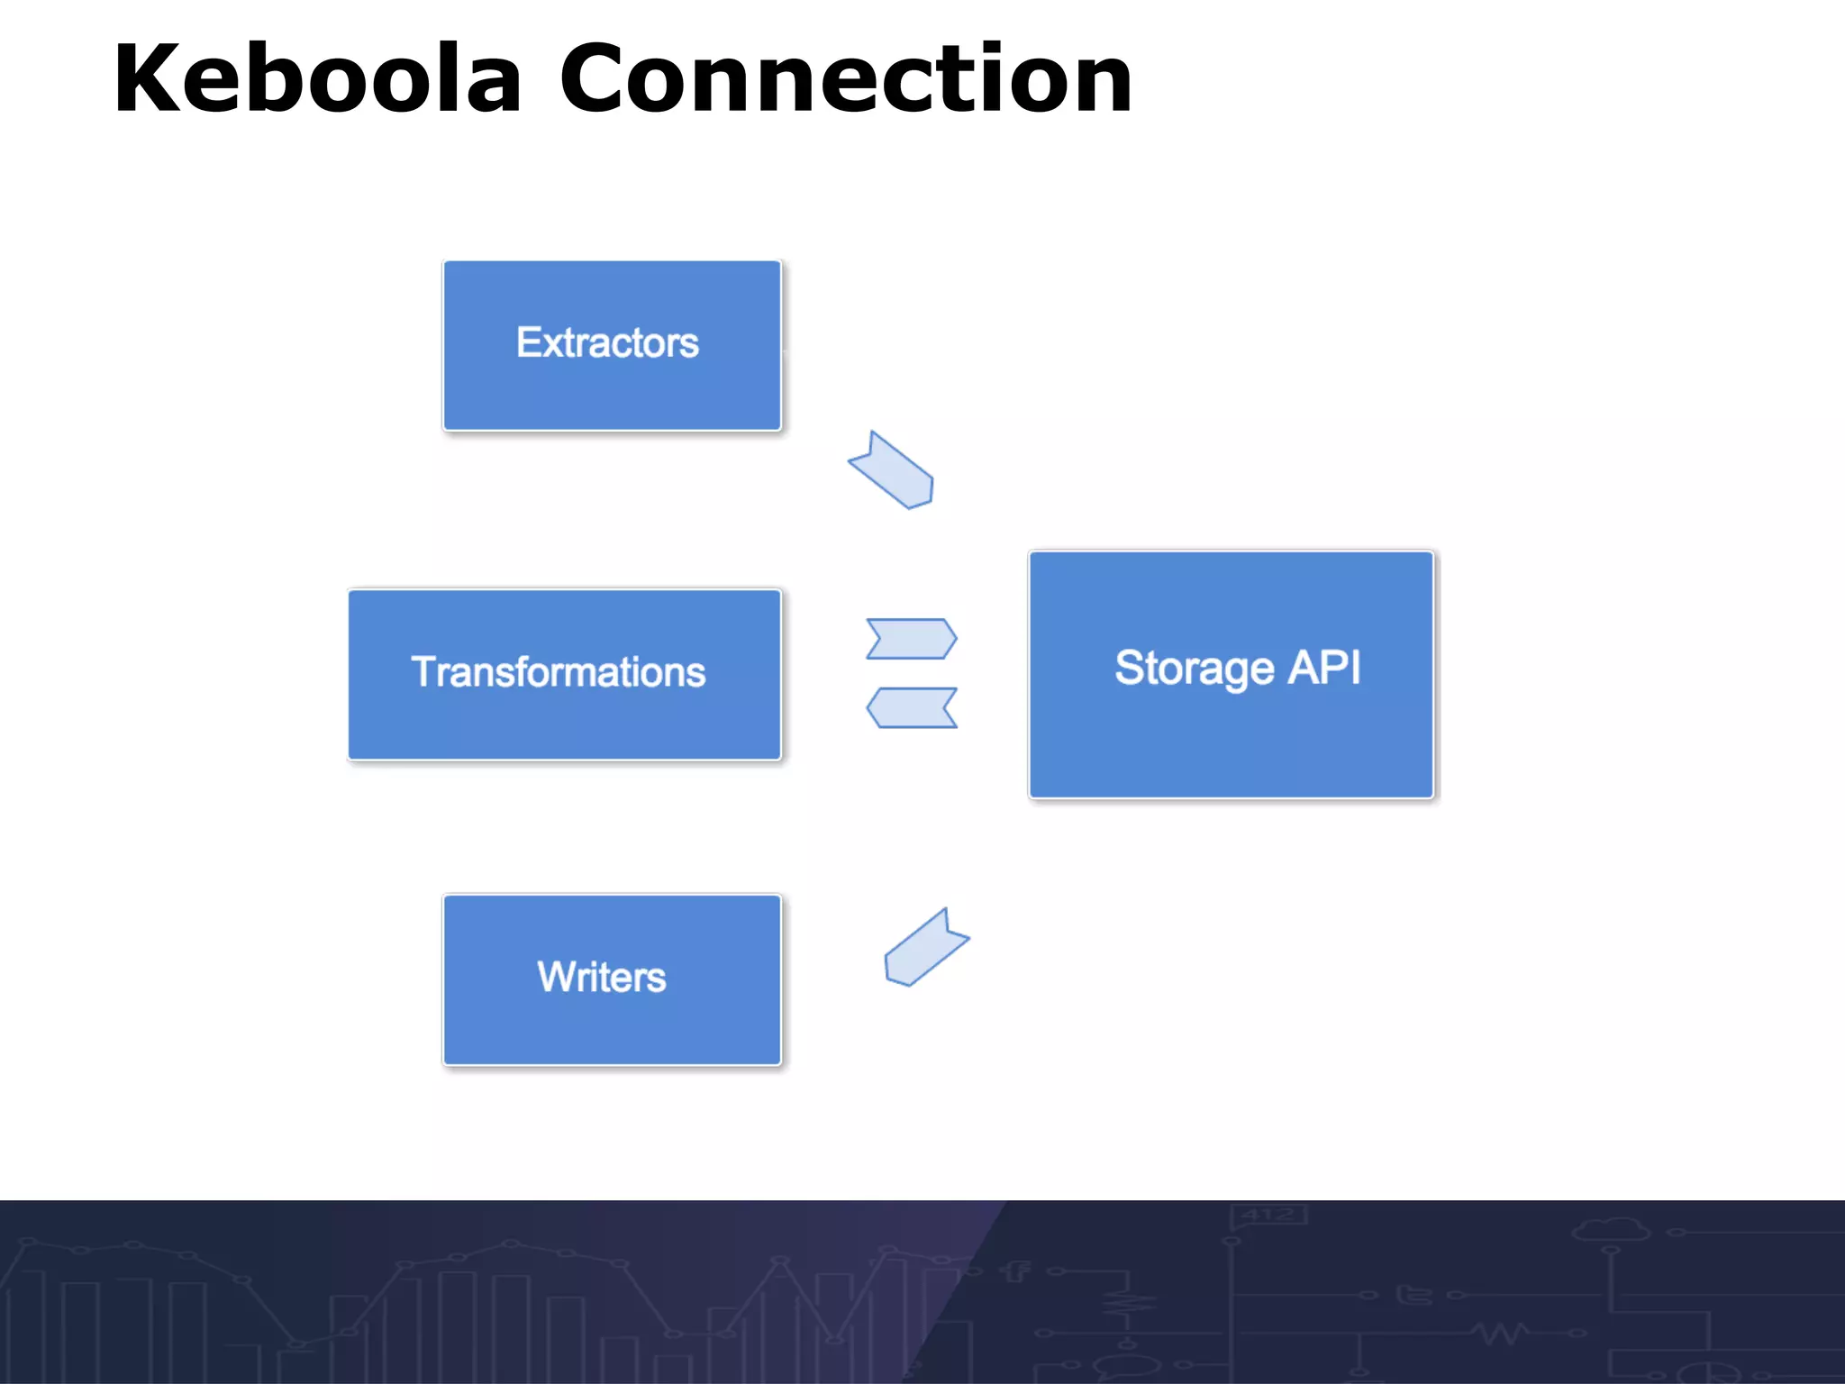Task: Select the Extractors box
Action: pos(612,345)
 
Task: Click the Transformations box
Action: pos(564,674)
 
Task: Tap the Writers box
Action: pos(612,979)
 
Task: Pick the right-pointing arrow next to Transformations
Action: pos(911,639)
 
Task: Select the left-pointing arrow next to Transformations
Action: pos(911,707)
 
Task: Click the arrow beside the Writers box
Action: pos(925,948)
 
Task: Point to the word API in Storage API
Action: pos(1323,668)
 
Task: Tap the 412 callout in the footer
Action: pos(1268,1216)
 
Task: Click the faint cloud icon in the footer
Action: pos(1612,1230)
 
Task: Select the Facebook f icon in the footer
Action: pos(1016,1270)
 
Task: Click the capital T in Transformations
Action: pos(424,671)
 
